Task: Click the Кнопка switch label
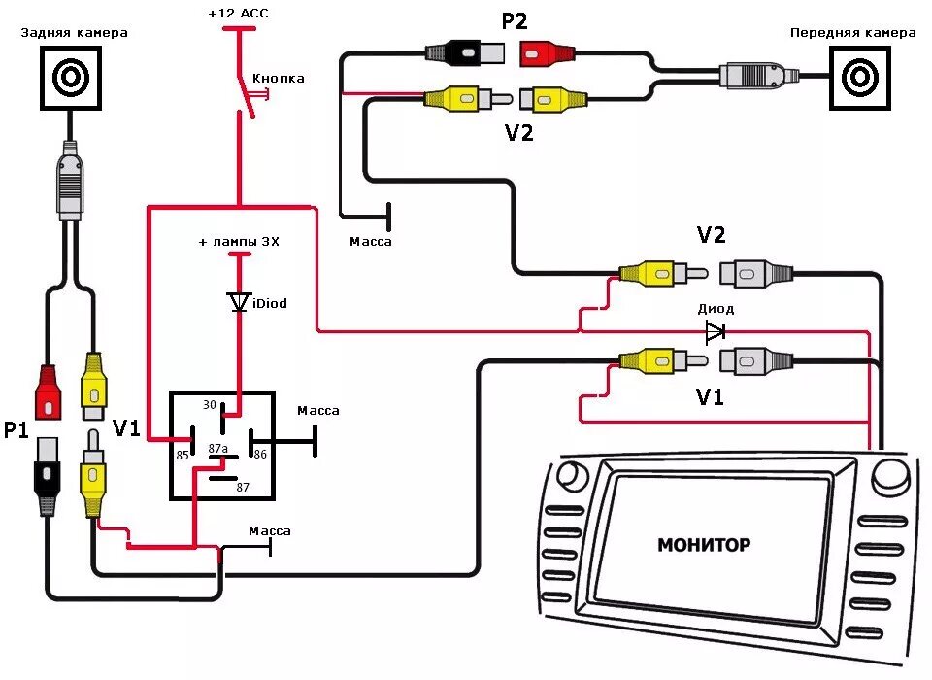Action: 278,78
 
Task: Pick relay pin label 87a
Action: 218,448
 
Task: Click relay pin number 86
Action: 260,453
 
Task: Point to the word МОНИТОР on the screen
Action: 703,545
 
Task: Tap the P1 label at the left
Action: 16,429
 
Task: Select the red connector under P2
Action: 550,51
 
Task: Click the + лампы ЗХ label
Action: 239,241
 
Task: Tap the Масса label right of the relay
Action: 318,411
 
